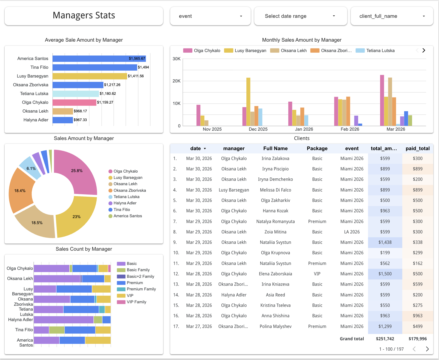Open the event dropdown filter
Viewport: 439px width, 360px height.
point(210,16)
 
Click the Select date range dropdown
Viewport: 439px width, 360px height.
point(300,16)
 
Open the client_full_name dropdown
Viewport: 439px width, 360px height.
point(392,16)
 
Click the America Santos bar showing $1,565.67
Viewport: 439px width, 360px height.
point(99,59)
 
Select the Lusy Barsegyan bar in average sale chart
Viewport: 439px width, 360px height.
point(90,76)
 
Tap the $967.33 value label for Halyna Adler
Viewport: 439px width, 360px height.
point(80,120)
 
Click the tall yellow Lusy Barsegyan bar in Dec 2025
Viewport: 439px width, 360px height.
point(248,101)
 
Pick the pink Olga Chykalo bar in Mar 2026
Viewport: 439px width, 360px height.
point(382,100)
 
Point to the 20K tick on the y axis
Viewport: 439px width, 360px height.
point(176,81)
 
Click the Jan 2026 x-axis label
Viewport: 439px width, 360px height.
point(304,129)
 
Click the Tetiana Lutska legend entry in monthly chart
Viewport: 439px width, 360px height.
point(380,51)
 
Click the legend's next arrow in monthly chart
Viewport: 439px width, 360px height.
point(424,50)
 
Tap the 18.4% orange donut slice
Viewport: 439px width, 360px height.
point(21,190)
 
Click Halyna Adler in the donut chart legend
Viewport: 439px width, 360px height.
point(125,203)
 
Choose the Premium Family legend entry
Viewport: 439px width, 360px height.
point(141,289)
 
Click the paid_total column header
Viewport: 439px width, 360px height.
point(418,148)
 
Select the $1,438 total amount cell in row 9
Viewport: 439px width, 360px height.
point(385,242)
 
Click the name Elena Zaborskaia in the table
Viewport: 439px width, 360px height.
point(275,274)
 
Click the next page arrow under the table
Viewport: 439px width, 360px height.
point(427,349)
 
